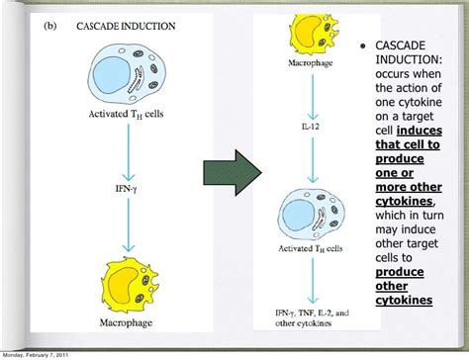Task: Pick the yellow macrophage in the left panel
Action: tap(123, 281)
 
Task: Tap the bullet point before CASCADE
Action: tap(365, 45)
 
